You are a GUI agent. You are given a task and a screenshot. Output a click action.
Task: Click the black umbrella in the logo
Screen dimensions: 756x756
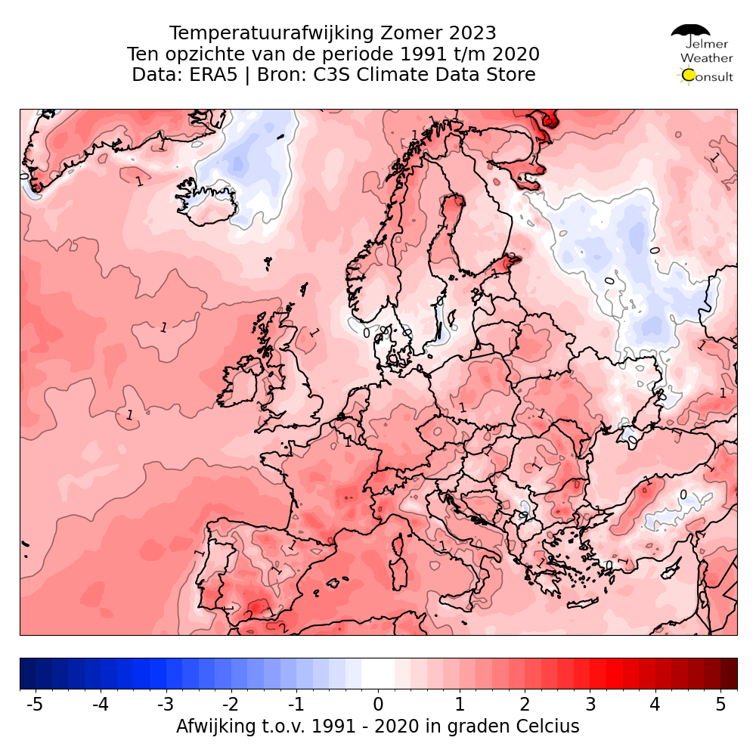tap(690, 33)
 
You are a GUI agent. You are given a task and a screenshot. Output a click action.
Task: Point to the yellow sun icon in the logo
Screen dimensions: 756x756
tap(688, 75)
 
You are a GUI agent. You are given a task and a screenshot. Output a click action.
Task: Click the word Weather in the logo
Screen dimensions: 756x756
tap(706, 57)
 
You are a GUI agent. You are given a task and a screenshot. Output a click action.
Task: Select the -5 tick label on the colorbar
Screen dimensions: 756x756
tap(34, 705)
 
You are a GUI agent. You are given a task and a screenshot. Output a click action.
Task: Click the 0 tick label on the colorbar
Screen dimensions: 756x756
tap(378, 705)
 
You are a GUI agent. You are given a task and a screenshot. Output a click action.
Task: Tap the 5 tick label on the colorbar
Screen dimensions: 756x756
tap(720, 705)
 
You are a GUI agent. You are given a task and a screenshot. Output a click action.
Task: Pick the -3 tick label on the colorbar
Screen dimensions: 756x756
tap(166, 705)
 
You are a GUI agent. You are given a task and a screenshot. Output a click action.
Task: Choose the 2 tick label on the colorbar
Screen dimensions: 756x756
tap(524, 705)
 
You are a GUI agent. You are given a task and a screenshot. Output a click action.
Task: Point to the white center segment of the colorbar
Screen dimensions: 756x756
tap(378, 674)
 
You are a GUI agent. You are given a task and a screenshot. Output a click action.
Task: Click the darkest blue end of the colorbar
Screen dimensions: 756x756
tap(27, 674)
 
